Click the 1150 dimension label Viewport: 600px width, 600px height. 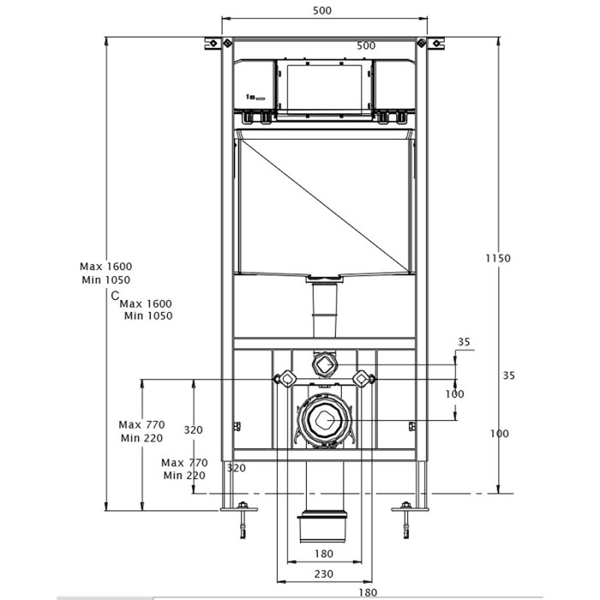[x=496, y=258]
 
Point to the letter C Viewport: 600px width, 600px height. [x=114, y=296]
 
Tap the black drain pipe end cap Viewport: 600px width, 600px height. [x=322, y=527]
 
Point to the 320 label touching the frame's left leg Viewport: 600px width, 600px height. [x=236, y=468]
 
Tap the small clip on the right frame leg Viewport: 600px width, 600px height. [x=413, y=425]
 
